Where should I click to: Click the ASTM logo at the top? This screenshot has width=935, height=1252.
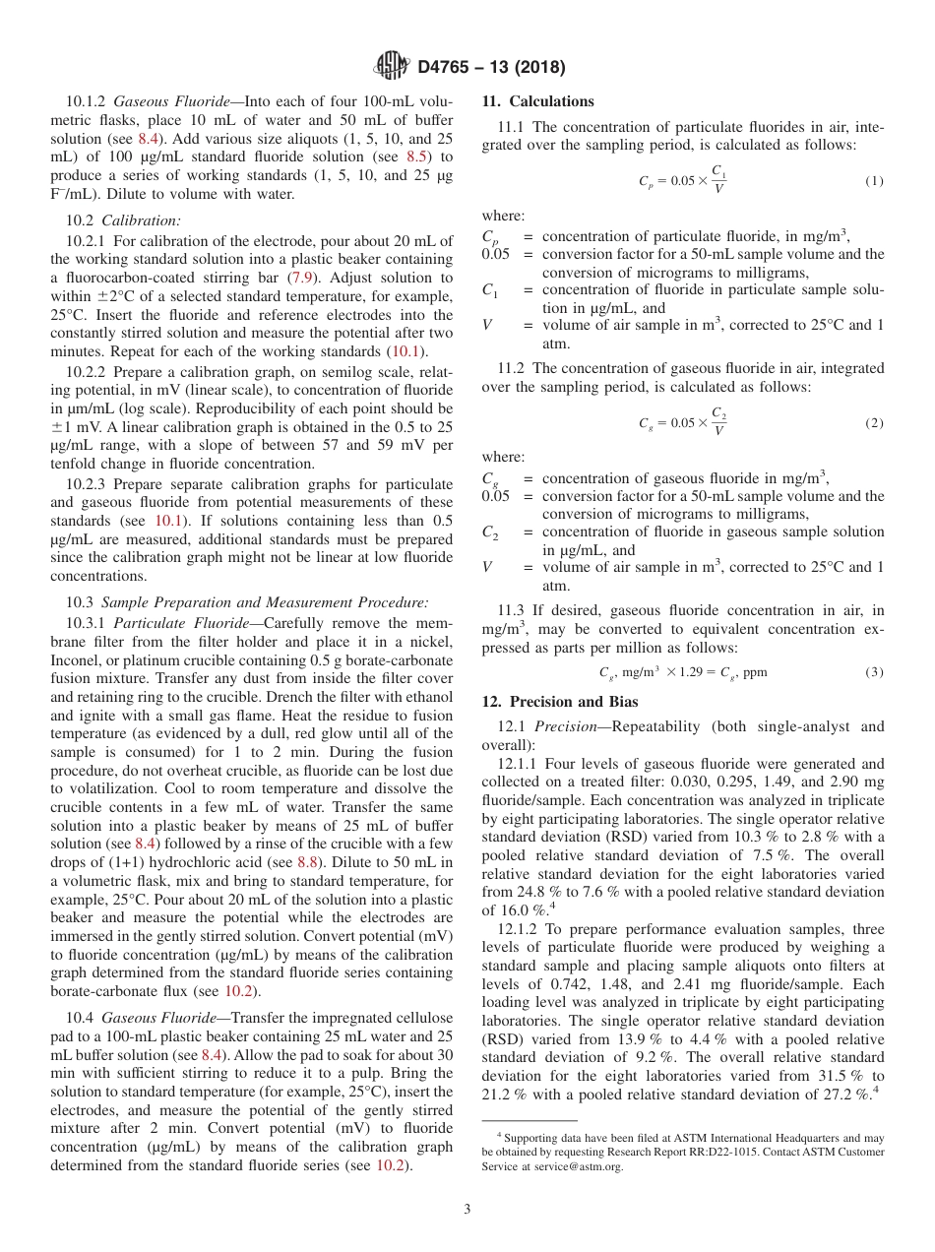point(392,67)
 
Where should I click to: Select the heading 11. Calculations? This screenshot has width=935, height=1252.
point(537,101)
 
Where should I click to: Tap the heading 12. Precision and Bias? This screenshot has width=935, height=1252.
point(559,702)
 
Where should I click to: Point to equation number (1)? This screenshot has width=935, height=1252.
point(874,182)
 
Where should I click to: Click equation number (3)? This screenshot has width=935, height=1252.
point(874,672)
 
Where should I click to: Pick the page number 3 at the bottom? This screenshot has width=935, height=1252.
point(467,1209)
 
